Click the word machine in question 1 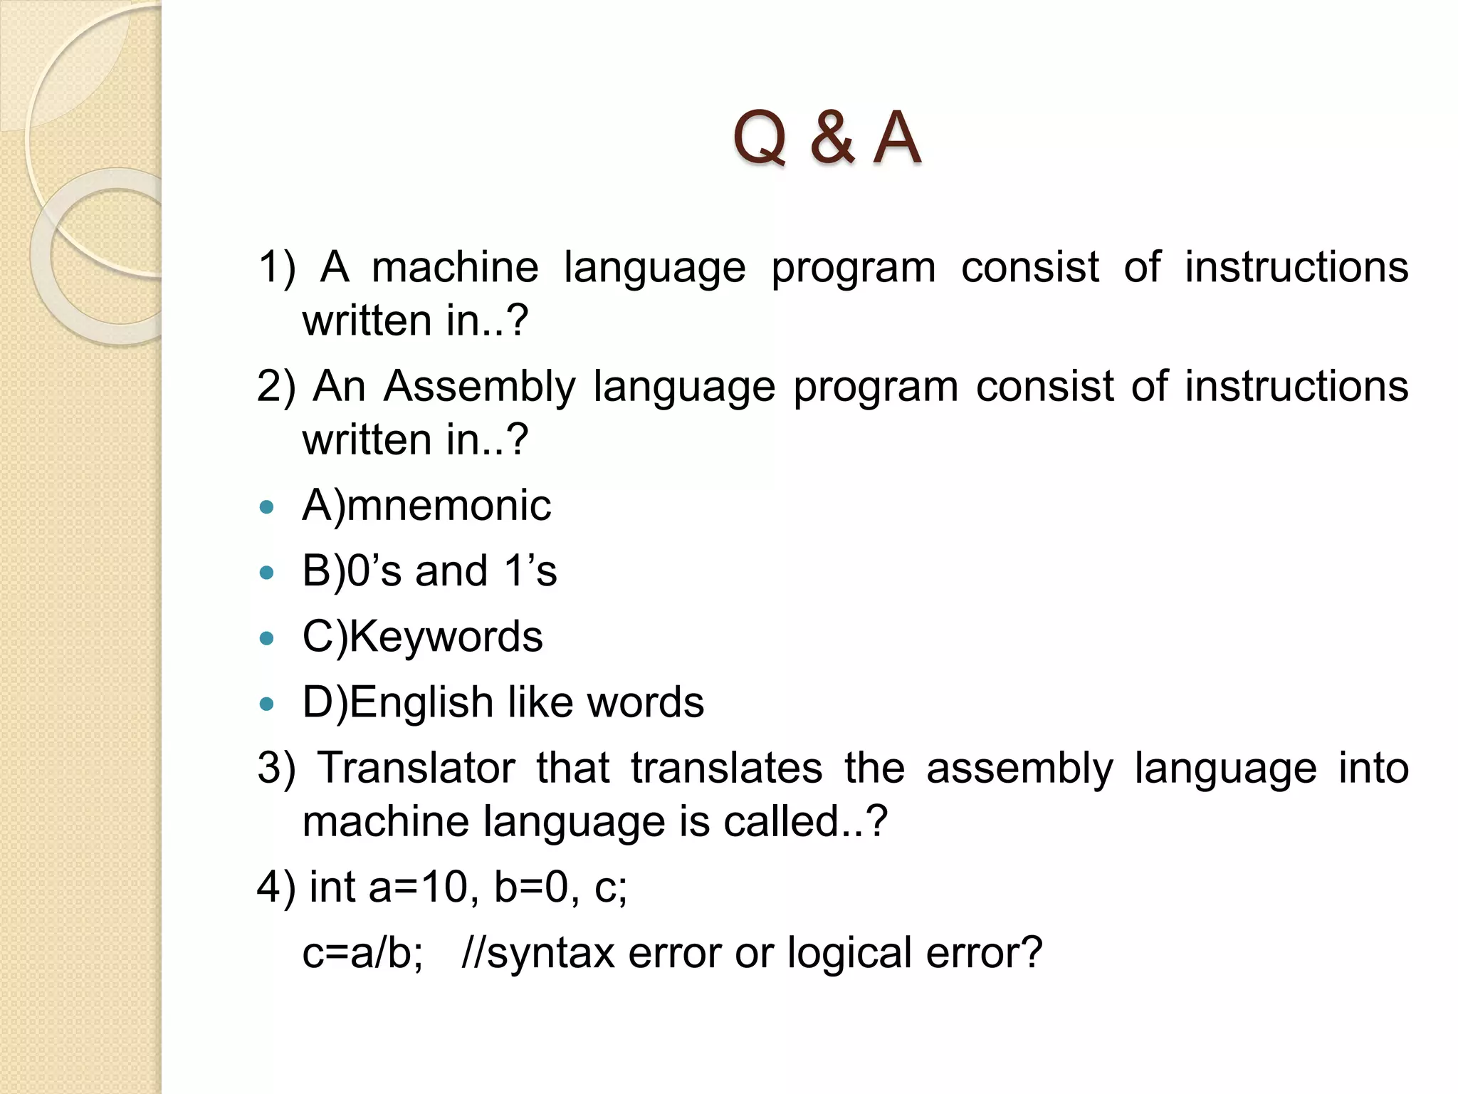click(455, 268)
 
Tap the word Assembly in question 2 click(479, 387)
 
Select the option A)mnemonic click(426, 506)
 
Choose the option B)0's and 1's click(429, 571)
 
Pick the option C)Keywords click(422, 637)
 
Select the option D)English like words click(503, 703)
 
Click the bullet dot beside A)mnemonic click(267, 508)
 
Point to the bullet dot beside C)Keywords click(267, 639)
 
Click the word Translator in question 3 click(416, 769)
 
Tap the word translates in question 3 click(726, 769)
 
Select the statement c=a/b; click(362, 953)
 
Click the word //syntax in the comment click(537, 953)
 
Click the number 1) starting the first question click(276, 268)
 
